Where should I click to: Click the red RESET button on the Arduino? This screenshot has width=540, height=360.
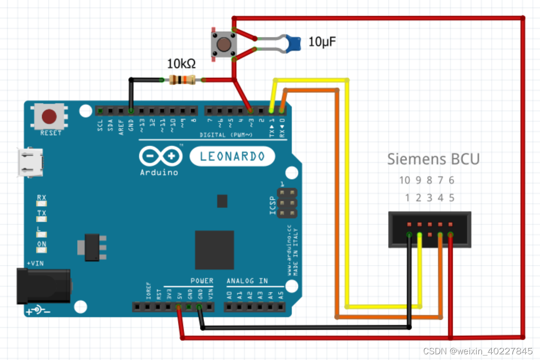[49, 117]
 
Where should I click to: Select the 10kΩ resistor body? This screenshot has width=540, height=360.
[182, 80]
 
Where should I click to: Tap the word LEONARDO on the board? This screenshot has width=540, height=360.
[232, 156]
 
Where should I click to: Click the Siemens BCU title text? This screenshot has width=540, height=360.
[433, 159]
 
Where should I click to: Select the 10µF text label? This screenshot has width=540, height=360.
[323, 42]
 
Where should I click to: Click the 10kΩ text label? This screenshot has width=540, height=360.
[181, 63]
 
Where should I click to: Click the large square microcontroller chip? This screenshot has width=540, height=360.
[214, 250]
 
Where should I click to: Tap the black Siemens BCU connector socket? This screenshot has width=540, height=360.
[430, 229]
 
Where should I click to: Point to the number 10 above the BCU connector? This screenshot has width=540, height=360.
[404, 180]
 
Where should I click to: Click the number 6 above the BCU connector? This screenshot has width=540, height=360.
[451, 180]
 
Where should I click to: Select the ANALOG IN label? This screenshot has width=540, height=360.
[247, 281]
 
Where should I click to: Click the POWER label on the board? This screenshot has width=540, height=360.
[202, 281]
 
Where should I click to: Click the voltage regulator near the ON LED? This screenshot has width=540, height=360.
[92, 247]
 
